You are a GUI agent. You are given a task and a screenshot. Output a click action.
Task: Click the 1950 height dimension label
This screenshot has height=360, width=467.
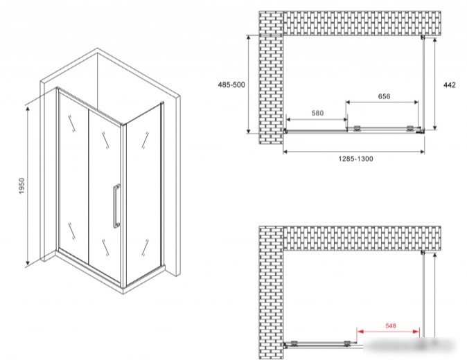coord(21,186)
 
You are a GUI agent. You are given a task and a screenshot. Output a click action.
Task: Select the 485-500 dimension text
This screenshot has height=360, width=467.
coord(231,84)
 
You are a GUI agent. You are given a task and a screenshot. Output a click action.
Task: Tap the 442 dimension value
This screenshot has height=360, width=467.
coord(450,85)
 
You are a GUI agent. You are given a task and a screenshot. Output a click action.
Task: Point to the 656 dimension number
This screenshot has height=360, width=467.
coord(384,96)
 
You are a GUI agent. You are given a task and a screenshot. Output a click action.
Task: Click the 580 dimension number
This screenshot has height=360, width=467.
coord(317,113)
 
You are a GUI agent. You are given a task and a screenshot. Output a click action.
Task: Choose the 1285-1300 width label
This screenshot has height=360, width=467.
coord(355,159)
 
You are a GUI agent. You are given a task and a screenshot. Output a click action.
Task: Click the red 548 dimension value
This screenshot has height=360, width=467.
coord(391,326)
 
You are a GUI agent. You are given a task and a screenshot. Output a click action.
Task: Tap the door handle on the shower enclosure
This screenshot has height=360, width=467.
coord(116,206)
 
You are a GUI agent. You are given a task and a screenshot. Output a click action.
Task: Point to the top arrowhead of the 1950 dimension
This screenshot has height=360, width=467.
coord(28,109)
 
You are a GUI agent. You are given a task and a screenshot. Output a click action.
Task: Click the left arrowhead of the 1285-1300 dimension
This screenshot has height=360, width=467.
coord(285,152)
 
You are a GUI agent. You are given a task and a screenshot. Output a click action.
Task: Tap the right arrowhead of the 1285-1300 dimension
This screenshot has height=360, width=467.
coord(422,152)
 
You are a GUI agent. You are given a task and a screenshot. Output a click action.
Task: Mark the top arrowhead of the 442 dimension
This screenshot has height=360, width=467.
coord(435,40)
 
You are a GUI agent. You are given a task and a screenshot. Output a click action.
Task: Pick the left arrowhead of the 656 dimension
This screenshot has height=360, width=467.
coord(348,102)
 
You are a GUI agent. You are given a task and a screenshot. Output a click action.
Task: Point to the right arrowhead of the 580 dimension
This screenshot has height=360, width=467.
coord(345,120)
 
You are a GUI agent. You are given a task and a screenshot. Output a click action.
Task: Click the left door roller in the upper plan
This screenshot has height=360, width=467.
coord(357,129)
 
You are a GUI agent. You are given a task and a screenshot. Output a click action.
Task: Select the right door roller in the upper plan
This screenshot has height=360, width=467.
coord(410,129)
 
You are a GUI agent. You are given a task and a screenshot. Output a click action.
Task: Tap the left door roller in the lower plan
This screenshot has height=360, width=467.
coord(294,343)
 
